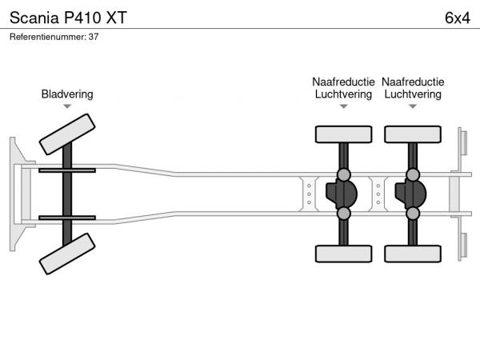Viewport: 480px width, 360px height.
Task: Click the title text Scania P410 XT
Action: click(68, 18)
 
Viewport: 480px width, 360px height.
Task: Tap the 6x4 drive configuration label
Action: click(458, 18)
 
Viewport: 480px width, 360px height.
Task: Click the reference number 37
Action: click(94, 37)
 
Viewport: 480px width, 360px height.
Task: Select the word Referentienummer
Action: click(48, 37)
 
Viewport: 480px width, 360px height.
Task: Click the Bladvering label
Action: click(67, 94)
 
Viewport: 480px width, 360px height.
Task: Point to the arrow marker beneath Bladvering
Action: click(67, 106)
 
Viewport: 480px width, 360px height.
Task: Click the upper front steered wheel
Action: click(67, 134)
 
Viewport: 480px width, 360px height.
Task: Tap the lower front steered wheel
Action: click(67, 254)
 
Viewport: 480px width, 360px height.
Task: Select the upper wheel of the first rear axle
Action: click(343, 134)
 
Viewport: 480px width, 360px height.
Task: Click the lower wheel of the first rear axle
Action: click(343, 254)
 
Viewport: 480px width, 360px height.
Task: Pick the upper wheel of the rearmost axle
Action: click(413, 134)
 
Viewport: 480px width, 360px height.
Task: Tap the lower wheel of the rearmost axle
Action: click(413, 254)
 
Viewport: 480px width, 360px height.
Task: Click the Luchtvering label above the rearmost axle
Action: click(413, 94)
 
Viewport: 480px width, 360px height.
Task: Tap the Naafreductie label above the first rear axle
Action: click(343, 82)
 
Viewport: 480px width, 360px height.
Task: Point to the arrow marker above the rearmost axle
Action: click(413, 106)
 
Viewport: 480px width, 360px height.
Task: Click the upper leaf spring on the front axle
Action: click(67, 170)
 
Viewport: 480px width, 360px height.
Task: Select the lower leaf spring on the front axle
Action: click(67, 218)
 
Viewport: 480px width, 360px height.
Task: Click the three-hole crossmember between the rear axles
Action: click(378, 194)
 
